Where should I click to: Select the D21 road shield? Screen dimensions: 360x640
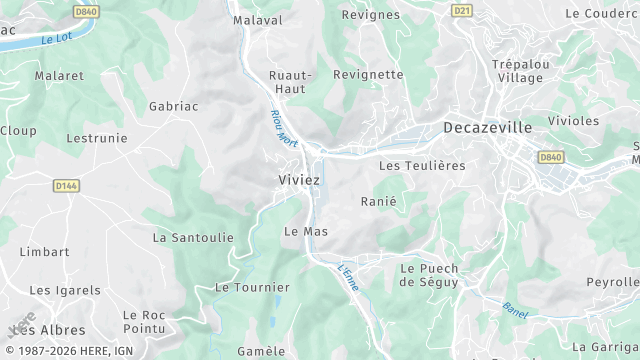(x=461, y=11)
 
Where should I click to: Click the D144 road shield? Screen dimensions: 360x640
(x=66, y=185)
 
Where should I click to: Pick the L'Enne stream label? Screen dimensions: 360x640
(x=348, y=276)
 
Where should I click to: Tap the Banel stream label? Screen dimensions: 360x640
(x=515, y=309)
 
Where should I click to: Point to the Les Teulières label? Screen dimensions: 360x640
(x=422, y=165)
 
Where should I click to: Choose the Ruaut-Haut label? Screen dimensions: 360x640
(x=292, y=82)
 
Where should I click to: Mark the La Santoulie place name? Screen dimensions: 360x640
(x=193, y=238)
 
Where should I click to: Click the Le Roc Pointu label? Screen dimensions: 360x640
(x=143, y=321)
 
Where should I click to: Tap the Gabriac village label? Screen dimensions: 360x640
(x=175, y=105)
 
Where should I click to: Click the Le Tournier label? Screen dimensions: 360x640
(x=252, y=287)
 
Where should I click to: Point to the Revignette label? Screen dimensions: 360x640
(x=367, y=75)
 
